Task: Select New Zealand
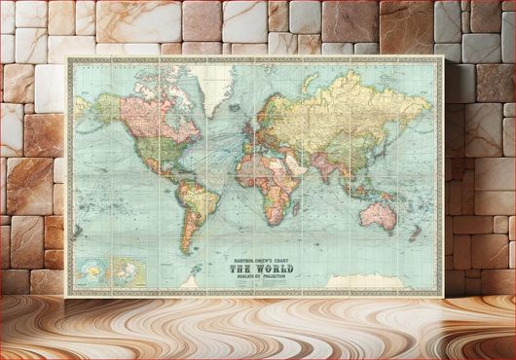[x=422, y=240]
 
